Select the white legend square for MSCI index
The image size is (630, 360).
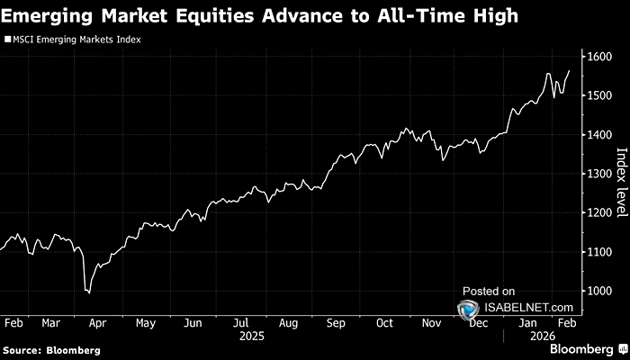8,40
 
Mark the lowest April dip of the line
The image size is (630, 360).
88,292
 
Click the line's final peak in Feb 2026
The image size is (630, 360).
569,70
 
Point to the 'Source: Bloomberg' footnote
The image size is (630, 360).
51,349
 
